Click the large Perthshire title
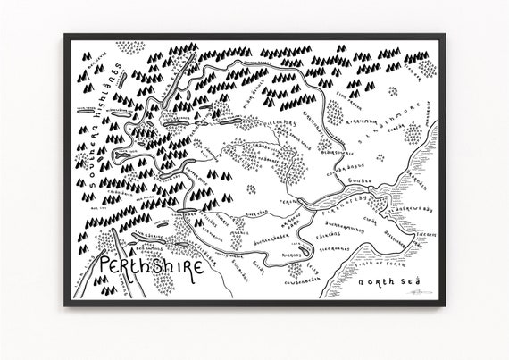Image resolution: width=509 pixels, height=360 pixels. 150,265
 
